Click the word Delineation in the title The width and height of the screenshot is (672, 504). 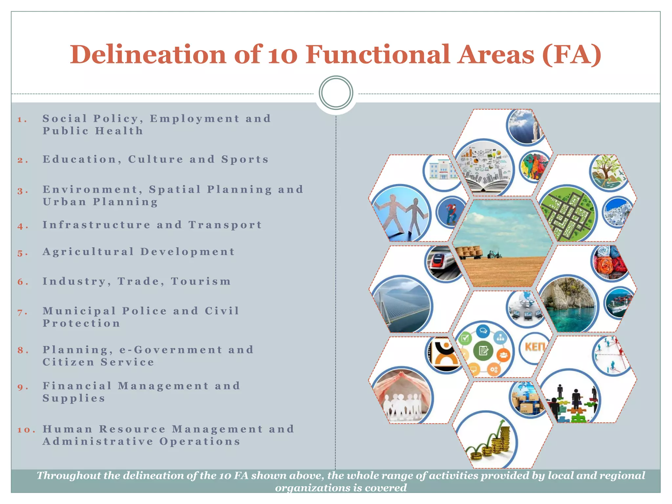[x=148, y=54]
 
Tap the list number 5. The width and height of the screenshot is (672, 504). [x=20, y=253]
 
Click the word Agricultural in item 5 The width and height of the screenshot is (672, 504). [x=88, y=252]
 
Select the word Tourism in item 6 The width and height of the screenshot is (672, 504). [x=201, y=281]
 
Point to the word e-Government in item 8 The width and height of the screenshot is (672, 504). [x=171, y=350]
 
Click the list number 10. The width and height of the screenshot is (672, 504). [x=24, y=430]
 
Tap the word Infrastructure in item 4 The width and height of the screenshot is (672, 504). [x=96, y=225]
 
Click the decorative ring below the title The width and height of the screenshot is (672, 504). [x=336, y=93]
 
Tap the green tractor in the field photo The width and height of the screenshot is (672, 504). [x=494, y=254]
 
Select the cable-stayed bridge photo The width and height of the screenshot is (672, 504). [x=402, y=304]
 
